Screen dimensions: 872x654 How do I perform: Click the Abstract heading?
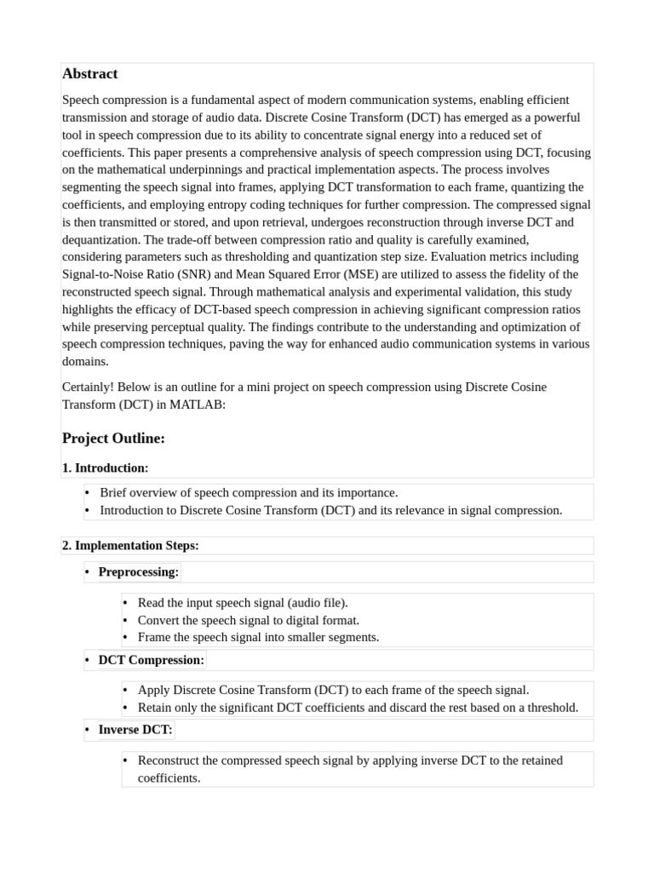[89, 74]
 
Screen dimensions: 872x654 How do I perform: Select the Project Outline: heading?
[113, 439]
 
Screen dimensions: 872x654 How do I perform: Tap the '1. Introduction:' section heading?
[106, 468]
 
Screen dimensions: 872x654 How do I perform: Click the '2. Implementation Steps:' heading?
[130, 545]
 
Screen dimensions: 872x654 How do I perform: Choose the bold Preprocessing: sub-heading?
[138, 572]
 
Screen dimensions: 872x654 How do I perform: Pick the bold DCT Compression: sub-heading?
[151, 660]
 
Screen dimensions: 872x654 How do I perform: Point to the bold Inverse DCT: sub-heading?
[135, 730]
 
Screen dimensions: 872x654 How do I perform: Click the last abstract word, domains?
[85, 361]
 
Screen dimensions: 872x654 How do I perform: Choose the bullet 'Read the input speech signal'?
[243, 603]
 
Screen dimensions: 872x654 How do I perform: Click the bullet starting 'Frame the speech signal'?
[258, 637]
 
